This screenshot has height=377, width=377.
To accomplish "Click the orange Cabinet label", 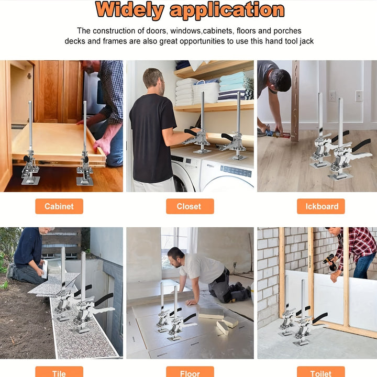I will coord(59,206).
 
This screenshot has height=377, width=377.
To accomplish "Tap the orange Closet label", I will coord(189,206).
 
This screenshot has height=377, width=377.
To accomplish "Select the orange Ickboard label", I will coord(321,206).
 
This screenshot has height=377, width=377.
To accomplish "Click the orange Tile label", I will coord(59,372).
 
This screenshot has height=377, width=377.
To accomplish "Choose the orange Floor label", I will coord(190,372).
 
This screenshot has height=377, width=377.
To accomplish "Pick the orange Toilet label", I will coord(320,372).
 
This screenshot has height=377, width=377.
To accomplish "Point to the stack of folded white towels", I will coord(184,91).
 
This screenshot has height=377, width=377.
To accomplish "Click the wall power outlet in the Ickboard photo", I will coord(331,96).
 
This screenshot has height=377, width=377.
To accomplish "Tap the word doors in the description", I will coord(159,31).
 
